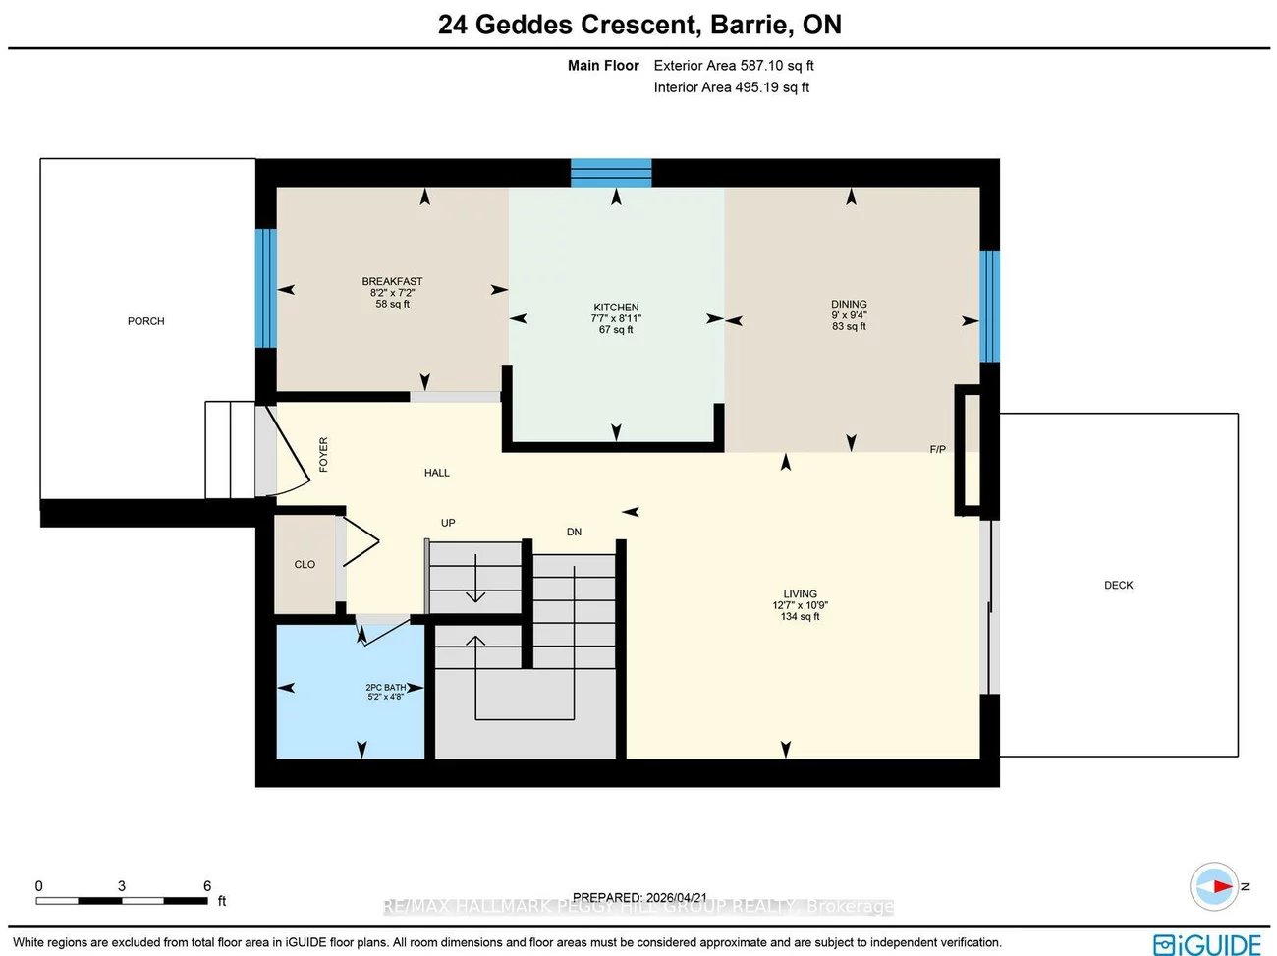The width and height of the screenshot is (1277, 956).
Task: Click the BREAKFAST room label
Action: pyautogui.click(x=392, y=282)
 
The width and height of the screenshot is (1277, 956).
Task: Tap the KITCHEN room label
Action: pyautogui.click(x=616, y=308)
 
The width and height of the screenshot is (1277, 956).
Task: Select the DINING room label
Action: pyautogui.click(x=849, y=305)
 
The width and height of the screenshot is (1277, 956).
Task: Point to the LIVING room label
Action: pyautogui.click(x=800, y=594)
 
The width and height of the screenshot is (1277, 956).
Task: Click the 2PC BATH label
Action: pyautogui.click(x=385, y=688)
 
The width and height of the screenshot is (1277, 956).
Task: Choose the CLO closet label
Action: pyautogui.click(x=305, y=565)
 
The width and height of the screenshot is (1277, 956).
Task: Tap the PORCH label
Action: pyautogui.click(x=146, y=321)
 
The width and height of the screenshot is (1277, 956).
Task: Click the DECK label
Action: pyautogui.click(x=1118, y=586)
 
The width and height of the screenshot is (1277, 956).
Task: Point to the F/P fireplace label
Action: pyautogui.click(x=937, y=450)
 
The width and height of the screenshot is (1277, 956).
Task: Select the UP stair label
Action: pyautogui.click(x=448, y=523)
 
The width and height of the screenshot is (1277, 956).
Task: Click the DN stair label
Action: pyautogui.click(x=574, y=532)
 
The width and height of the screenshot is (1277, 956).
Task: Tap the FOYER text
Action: pyautogui.click(x=323, y=455)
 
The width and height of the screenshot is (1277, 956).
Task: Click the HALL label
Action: pyautogui.click(x=437, y=473)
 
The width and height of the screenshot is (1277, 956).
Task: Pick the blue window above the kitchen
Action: pyautogui.click(x=611, y=173)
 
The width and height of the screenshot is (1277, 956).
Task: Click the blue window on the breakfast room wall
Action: pyautogui.click(x=265, y=288)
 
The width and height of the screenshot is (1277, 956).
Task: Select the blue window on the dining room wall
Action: pyautogui.click(x=989, y=306)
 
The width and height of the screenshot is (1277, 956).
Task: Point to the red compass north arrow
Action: pyautogui.click(x=1219, y=886)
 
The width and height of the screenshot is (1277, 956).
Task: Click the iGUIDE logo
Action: pyautogui.click(x=1207, y=944)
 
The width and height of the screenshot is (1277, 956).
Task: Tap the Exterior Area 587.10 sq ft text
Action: pyautogui.click(x=734, y=66)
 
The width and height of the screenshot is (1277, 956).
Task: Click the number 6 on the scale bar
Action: pyautogui.click(x=207, y=886)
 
